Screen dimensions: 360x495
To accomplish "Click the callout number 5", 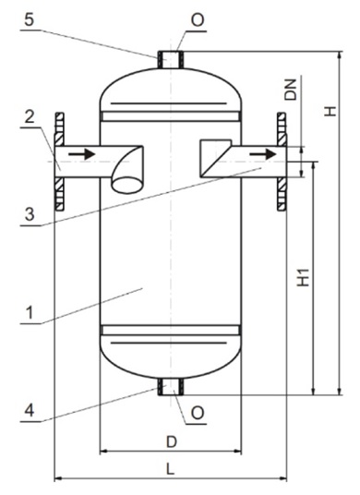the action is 29,20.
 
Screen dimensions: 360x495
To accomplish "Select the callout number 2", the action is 30,116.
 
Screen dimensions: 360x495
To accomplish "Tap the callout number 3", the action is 30,214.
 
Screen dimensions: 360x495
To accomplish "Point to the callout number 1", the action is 30,313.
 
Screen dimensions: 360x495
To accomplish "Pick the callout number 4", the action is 30,410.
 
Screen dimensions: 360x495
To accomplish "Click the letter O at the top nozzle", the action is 198,20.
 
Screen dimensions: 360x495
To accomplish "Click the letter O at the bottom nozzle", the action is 198,413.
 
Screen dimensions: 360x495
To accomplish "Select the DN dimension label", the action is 291,90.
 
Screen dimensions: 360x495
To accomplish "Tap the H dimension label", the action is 330,111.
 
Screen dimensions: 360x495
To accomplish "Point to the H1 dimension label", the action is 304,277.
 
